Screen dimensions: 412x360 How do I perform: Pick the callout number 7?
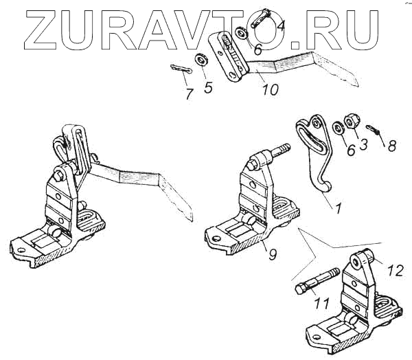(189, 94)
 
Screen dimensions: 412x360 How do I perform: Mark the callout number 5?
(209, 87)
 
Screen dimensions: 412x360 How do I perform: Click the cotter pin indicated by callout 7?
(179, 69)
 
